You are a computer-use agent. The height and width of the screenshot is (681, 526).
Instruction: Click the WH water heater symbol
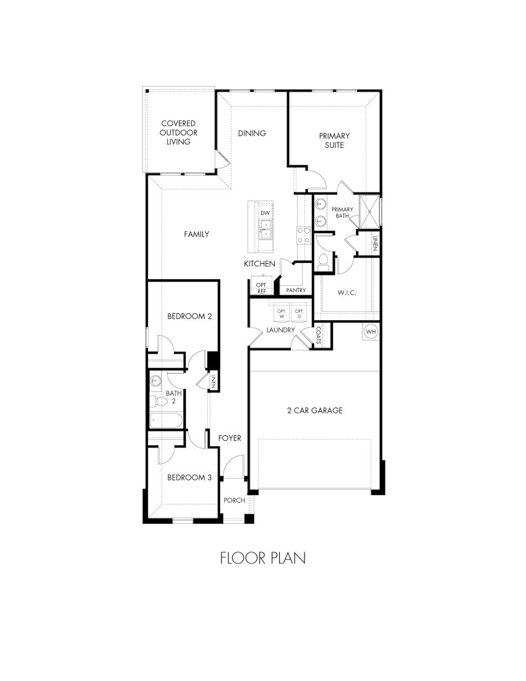371,332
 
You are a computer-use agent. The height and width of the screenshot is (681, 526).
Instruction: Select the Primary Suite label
334,141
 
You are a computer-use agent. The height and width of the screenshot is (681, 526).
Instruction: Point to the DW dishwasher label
265,212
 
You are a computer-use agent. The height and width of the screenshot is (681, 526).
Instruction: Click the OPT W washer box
281,313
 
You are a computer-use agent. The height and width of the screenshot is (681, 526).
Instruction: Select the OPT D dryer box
299,313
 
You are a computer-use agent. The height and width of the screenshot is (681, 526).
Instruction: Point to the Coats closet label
318,335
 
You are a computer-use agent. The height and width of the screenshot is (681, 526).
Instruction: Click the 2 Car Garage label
314,410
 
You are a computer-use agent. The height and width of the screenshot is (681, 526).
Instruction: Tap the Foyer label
230,438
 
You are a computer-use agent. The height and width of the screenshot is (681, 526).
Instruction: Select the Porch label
235,500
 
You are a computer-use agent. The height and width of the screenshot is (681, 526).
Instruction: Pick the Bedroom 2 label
189,316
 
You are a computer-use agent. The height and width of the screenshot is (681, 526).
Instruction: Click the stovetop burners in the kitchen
304,235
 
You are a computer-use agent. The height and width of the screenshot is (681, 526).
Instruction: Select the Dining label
252,133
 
